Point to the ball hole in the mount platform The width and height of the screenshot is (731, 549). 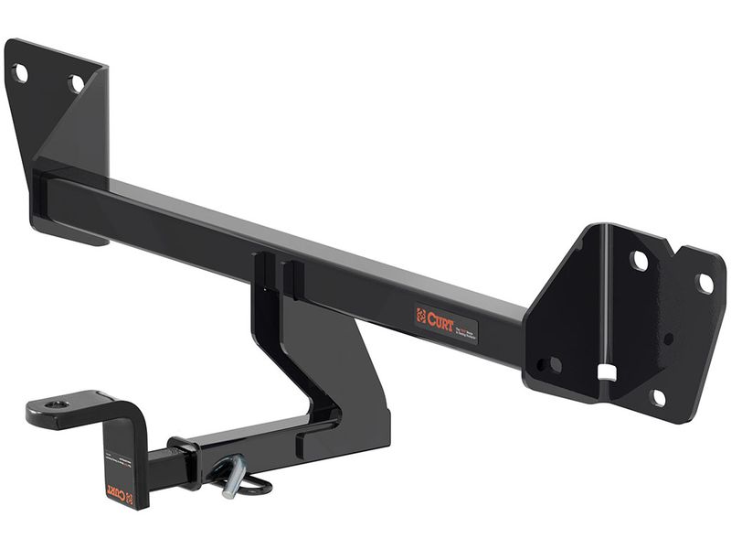[x=57, y=404]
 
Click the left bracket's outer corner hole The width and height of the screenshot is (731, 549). [x=20, y=73]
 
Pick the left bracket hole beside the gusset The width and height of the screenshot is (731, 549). [x=76, y=83]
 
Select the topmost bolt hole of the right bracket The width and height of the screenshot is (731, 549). [x=640, y=261]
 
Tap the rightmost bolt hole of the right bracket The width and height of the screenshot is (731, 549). [x=705, y=284]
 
